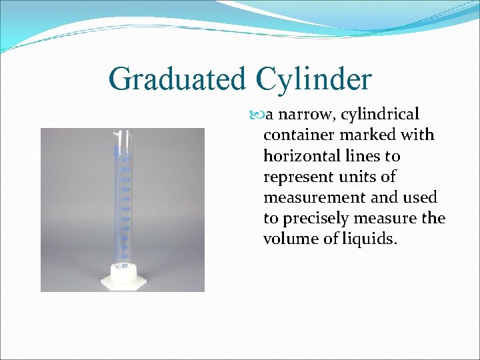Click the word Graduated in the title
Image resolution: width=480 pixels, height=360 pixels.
pyautogui.click(x=176, y=79)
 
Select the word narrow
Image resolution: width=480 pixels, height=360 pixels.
pyautogui.click(x=308, y=114)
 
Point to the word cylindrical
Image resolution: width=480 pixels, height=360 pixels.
pyautogui.click(x=380, y=115)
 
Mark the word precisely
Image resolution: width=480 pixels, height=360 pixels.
pyautogui.click(x=317, y=219)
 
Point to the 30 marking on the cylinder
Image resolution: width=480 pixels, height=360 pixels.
pyautogui.click(x=124, y=265)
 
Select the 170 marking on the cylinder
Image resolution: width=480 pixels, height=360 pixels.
pyautogui.click(x=124, y=199)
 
